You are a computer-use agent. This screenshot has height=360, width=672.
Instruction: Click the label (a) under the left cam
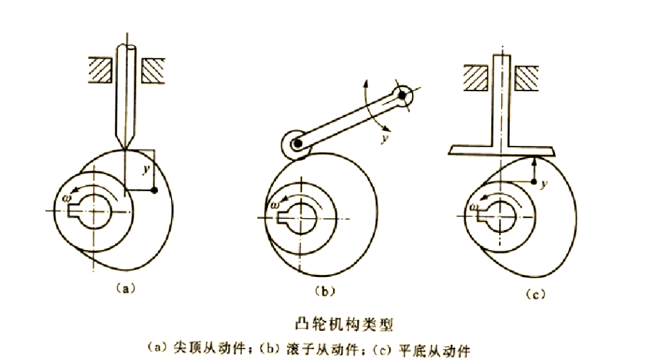pyautogui.click(x=122, y=288)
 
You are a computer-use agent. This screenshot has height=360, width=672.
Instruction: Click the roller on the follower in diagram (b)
pyautogui.click(x=293, y=145)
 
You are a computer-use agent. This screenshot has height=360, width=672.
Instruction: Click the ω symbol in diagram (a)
pyautogui.click(x=66, y=198)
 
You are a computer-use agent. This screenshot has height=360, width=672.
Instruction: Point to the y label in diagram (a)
pyautogui.click(x=145, y=168)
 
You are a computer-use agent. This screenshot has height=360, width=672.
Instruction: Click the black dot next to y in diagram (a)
pyautogui.click(x=155, y=191)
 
